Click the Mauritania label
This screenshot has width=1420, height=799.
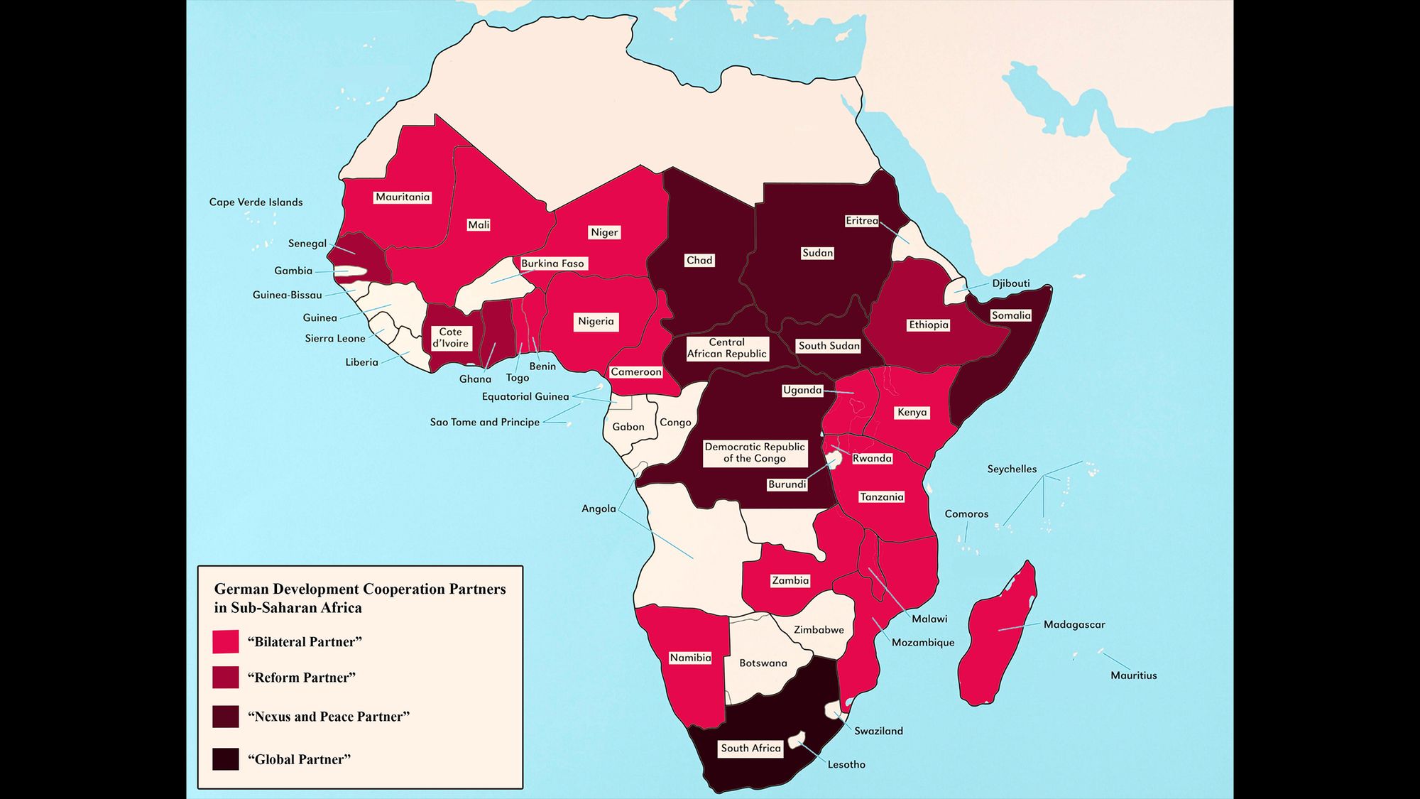[403, 197]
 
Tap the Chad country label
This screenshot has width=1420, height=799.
[699, 261]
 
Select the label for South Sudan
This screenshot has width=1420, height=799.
[829, 346]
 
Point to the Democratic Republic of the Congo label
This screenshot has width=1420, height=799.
[755, 452]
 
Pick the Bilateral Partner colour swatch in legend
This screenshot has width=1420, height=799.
[226, 642]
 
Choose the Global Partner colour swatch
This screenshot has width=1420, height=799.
[226, 759]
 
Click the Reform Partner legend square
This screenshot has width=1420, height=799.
[226, 678]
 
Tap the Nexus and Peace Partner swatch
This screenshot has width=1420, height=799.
[226, 717]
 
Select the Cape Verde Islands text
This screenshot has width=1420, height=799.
[256, 202]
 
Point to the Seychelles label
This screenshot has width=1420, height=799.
[1012, 469]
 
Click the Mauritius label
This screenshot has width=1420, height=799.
[1133, 675]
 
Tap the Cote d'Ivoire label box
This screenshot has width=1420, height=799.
[450, 337]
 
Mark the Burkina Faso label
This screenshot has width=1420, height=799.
[552, 263]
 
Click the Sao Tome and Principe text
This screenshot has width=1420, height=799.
[484, 422]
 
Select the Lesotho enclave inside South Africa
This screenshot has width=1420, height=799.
[796, 740]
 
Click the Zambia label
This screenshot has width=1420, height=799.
[790, 581]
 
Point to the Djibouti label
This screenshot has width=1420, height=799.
[1010, 283]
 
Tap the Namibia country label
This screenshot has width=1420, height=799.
[690, 658]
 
